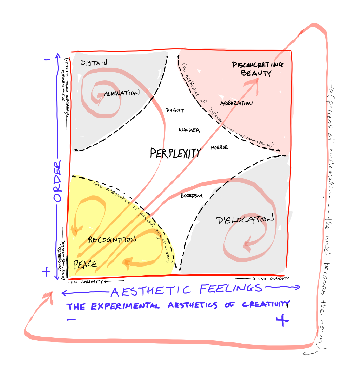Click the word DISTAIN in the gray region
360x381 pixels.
94,63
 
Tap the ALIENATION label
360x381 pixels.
122,94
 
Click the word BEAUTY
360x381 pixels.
256,73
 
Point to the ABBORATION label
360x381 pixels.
236,103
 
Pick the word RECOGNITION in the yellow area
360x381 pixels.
112,240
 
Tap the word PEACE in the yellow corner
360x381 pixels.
85,264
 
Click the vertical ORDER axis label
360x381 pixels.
58,181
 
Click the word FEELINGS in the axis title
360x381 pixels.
230,289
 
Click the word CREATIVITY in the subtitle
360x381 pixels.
265,305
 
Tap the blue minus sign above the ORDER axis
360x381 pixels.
47,60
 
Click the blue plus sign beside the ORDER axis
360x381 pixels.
46,272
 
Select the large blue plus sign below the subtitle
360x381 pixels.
282,321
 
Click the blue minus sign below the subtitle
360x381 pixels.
71,319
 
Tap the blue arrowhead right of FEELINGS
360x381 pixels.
297,287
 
